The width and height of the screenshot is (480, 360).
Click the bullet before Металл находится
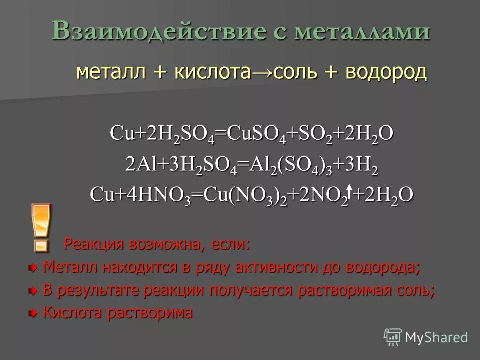point(33,268)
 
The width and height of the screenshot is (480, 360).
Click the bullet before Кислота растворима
point(33,313)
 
